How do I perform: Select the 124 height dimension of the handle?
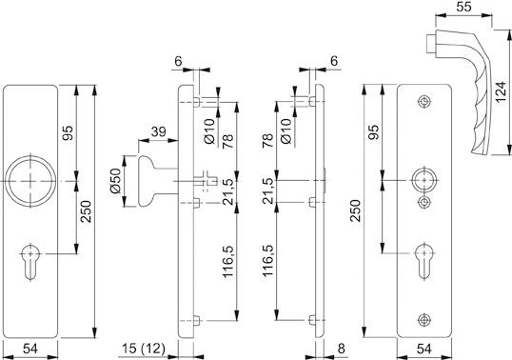coord(500,93)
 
